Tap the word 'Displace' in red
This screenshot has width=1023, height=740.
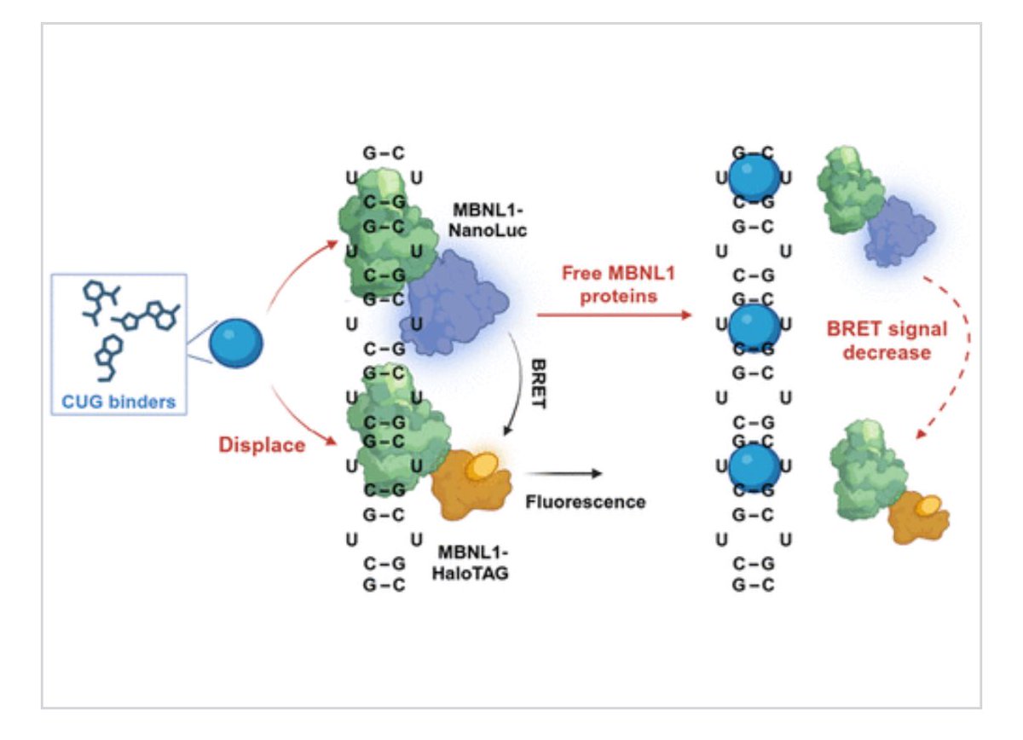[262, 444]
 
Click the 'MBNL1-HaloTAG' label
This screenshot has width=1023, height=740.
[477, 563]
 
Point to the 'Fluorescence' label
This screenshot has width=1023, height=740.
[585, 501]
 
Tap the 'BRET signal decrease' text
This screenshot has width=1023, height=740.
[887, 339]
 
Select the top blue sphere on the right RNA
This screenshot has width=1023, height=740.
[754, 177]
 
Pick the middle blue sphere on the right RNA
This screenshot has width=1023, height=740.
[754, 324]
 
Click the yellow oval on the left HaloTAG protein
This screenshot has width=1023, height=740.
[483, 464]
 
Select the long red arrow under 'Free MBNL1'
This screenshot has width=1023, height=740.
[614, 315]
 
